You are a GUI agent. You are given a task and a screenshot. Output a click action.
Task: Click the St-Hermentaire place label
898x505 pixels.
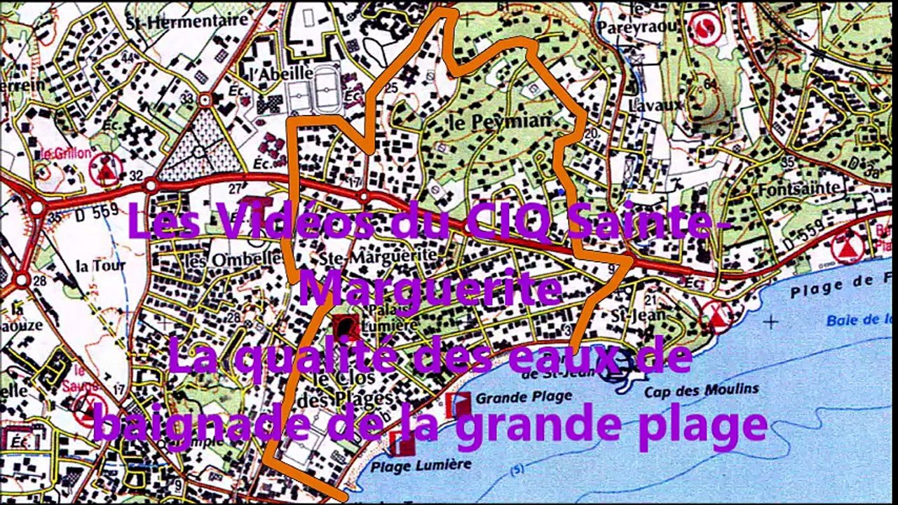[x=187, y=21]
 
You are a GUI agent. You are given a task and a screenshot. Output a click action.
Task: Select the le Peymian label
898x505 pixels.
[x=498, y=121]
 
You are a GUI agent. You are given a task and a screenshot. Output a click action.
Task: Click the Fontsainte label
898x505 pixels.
[x=798, y=187]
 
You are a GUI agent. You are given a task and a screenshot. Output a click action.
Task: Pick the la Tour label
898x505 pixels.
[x=100, y=266]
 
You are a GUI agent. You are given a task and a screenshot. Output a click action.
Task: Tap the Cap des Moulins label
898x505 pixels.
[x=701, y=390]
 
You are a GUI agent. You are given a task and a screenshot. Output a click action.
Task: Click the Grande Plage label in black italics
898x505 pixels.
[x=524, y=397]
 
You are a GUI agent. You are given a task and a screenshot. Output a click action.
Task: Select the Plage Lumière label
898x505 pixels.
[x=421, y=464]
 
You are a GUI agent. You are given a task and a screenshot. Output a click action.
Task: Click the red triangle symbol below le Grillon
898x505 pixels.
[x=107, y=170]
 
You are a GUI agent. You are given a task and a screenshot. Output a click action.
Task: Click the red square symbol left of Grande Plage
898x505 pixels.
[x=458, y=405]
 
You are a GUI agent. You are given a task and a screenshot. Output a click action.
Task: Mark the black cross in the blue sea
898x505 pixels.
[x=771, y=322]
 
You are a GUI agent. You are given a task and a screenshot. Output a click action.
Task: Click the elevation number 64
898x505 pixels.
[x=711, y=84]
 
